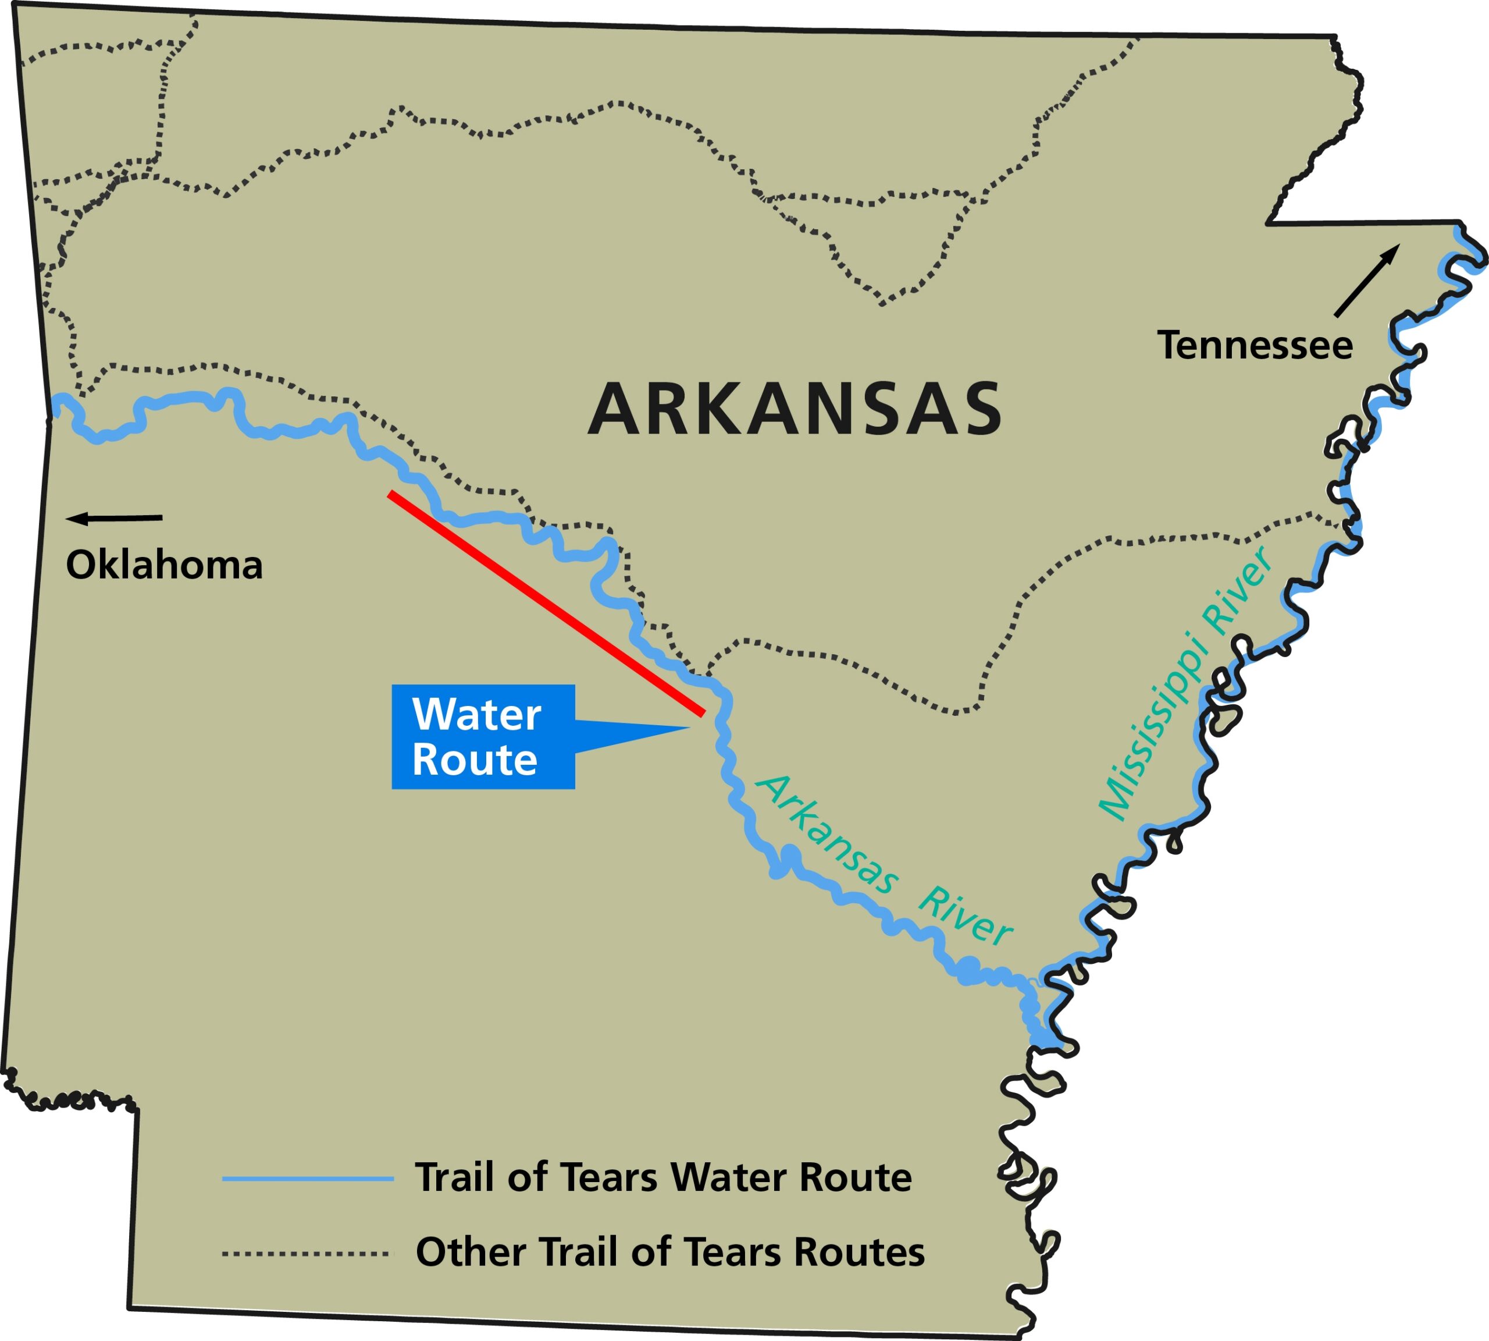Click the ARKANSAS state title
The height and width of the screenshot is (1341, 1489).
pyautogui.click(x=794, y=409)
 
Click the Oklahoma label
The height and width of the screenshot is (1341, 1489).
pyautogui.click(x=164, y=565)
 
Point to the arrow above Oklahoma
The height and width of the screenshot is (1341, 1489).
pyautogui.click(x=114, y=519)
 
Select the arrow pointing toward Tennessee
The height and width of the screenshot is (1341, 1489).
pyautogui.click(x=1367, y=281)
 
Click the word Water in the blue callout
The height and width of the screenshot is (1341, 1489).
pyautogui.click(x=476, y=715)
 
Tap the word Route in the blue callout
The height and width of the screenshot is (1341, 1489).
pyautogui.click(x=474, y=760)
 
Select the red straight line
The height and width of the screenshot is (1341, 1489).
pyautogui.click(x=546, y=603)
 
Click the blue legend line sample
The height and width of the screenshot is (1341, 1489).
pyautogui.click(x=308, y=1179)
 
